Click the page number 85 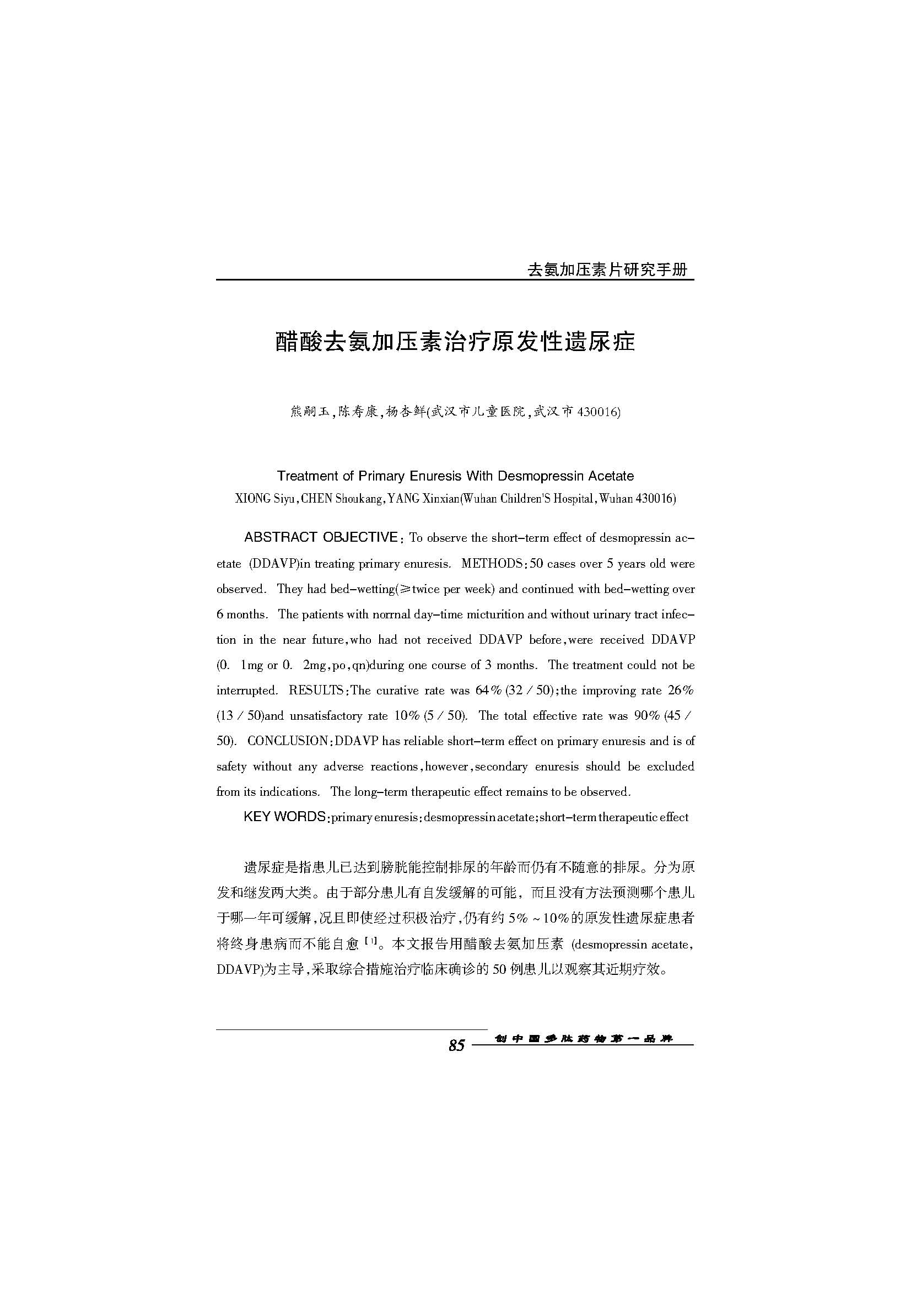pos(456,1045)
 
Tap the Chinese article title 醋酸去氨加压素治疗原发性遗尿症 pos(455,342)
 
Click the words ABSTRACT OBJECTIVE pos(321,537)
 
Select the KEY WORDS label pos(284,817)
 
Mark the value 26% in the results pos(681,691)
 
